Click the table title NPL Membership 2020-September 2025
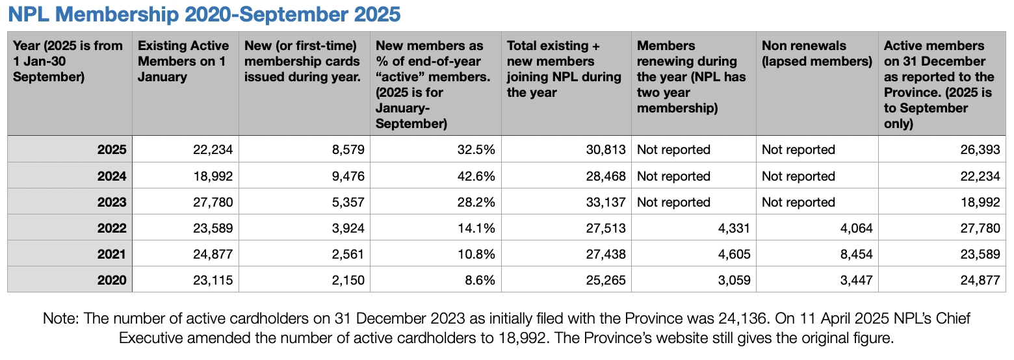203,14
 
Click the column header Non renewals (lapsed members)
816,54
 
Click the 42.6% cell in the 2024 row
477,176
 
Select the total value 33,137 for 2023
604,202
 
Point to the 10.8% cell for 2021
477,254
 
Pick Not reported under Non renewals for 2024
798,176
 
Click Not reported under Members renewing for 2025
673,149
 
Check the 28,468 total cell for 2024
604,176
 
